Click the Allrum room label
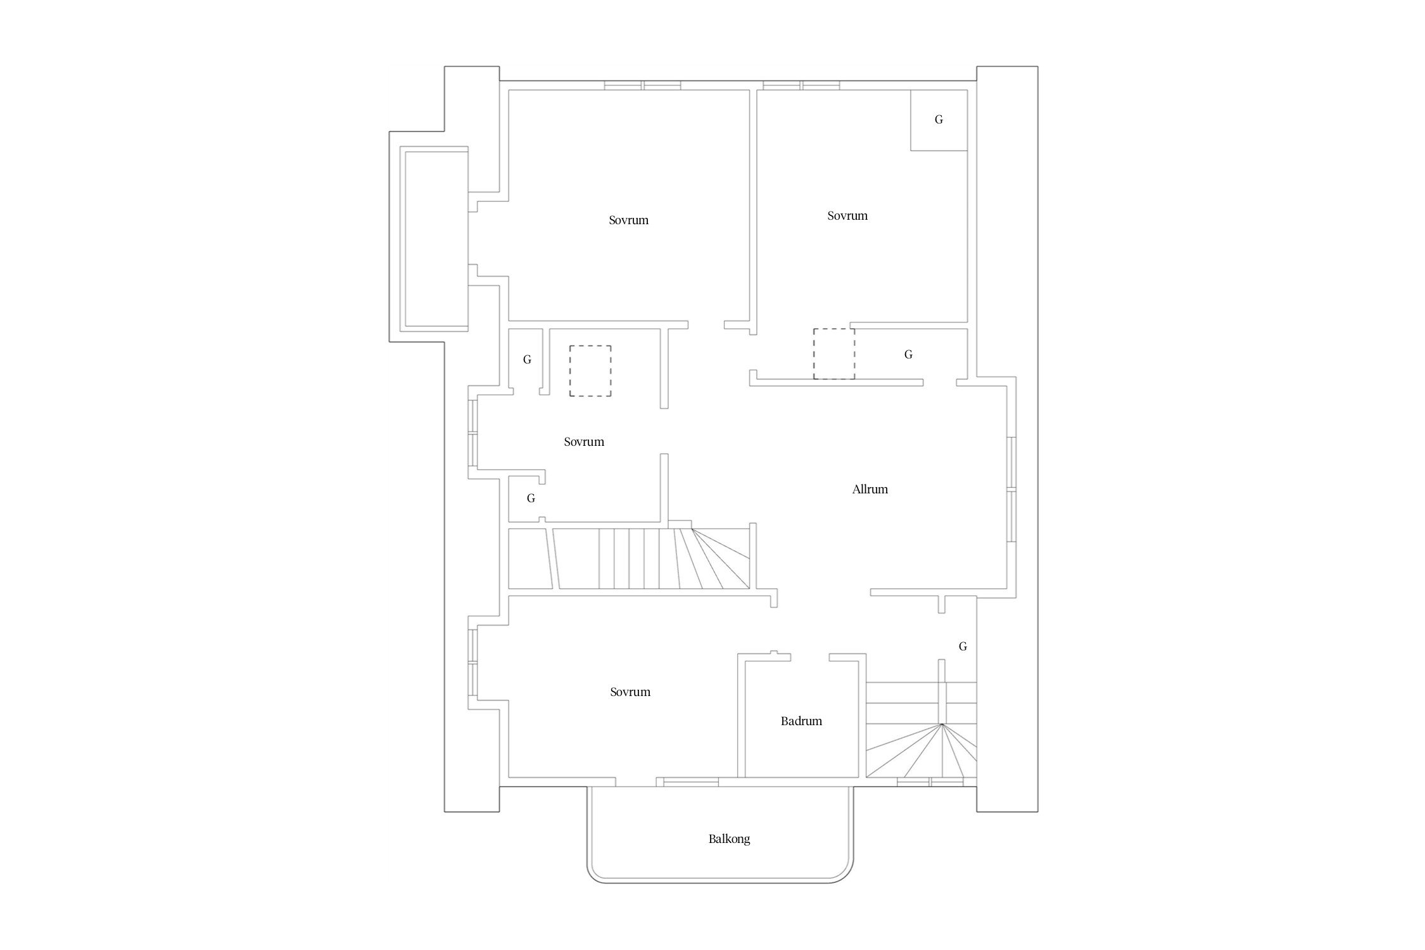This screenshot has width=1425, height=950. tap(870, 489)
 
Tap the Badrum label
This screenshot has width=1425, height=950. tap(801, 721)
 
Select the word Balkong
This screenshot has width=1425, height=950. tap(729, 839)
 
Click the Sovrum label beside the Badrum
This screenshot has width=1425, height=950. tap(630, 692)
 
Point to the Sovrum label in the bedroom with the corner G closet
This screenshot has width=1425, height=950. tap(847, 215)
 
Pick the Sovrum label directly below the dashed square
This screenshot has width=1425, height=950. tap(584, 441)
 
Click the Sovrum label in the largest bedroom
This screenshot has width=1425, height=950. tap(629, 220)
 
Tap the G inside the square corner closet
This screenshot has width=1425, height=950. tap(939, 119)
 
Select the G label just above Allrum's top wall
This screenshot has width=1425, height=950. tap(908, 354)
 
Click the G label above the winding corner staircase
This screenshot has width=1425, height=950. tap(963, 646)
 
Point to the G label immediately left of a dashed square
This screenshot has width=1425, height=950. tap(527, 359)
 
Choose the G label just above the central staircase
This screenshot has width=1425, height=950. tap(531, 498)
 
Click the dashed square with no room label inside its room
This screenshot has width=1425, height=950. tap(590, 371)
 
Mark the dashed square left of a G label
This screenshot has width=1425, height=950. tap(834, 353)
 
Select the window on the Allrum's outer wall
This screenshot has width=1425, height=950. tap(1011, 489)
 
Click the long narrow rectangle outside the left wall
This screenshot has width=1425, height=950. tap(434, 239)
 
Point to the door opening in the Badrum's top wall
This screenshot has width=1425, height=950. tap(810, 657)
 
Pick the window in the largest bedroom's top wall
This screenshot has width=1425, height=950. tap(642, 85)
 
